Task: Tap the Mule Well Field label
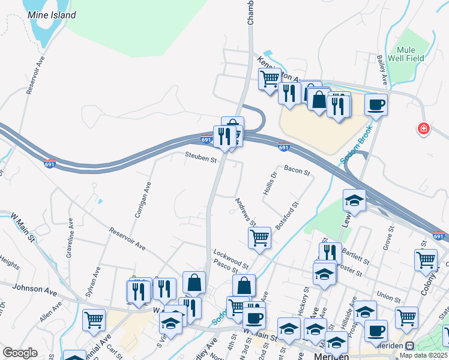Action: click(x=411, y=54)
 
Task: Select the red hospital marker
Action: click(x=424, y=128)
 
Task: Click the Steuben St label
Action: click(x=201, y=159)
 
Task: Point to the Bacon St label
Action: click(x=297, y=172)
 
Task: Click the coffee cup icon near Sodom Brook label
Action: click(x=376, y=105)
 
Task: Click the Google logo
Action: click(x=20, y=353)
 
